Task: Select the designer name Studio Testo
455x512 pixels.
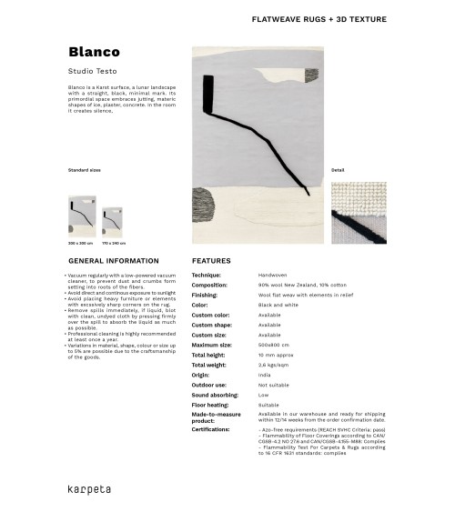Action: tap(90, 70)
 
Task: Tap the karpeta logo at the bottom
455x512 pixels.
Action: tap(89, 488)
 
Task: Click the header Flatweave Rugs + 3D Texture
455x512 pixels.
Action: tap(318, 19)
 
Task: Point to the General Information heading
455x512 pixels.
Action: tap(106, 260)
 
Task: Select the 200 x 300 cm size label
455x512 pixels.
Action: tap(80, 244)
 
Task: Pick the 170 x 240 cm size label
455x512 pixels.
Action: tap(114, 244)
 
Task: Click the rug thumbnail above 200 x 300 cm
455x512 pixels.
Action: tap(81, 217)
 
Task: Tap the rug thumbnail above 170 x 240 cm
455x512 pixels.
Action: tap(114, 223)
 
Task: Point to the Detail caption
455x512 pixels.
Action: tap(338, 170)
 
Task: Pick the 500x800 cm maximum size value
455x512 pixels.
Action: tap(274, 345)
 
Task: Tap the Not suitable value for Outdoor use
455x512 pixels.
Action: tap(274, 385)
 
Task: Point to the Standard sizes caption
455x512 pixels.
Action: tap(85, 170)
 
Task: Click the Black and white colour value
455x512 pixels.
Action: tap(278, 305)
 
